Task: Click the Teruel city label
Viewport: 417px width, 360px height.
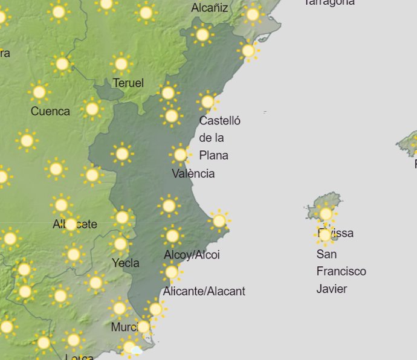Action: (x=128, y=83)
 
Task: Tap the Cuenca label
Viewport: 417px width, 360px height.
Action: (x=50, y=111)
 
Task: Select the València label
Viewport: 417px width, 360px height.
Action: (x=193, y=174)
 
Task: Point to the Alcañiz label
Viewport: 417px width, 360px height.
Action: (x=210, y=8)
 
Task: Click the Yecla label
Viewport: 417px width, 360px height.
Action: (x=126, y=263)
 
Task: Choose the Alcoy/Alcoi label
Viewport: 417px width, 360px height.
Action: (x=192, y=255)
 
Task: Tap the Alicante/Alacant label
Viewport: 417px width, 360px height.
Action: (x=204, y=291)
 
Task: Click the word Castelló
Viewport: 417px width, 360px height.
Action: (x=220, y=121)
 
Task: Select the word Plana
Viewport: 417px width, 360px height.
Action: (x=214, y=155)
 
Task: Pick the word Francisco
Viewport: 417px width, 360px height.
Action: (x=341, y=271)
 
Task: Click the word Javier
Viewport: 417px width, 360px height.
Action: (x=332, y=289)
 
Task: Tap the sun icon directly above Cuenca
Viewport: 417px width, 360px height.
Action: (x=39, y=92)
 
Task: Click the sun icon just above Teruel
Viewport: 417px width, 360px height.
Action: (x=121, y=63)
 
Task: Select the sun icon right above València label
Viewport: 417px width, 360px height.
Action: (x=180, y=155)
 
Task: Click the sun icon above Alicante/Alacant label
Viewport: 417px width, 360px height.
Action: (x=172, y=272)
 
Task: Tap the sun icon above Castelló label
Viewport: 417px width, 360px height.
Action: (x=207, y=101)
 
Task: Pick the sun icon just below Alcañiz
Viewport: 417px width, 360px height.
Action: (x=202, y=35)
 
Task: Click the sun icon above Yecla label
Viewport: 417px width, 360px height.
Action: (x=120, y=244)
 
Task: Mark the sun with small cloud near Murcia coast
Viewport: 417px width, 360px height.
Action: (x=131, y=347)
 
